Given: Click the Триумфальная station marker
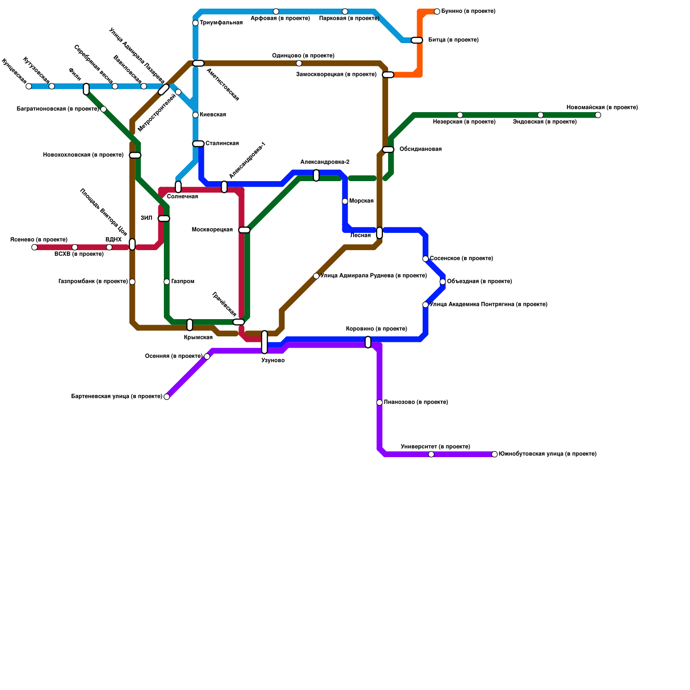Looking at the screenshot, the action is coord(195,23).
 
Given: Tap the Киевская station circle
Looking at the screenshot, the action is coord(195,115).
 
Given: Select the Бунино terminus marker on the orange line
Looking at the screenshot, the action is coord(437,11).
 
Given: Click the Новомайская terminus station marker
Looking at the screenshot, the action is coord(598,115).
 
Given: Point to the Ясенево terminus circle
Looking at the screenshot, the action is coord(34,247).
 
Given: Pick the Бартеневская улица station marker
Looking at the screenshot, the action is coord(167,397).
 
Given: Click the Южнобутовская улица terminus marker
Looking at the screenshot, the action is coord(495,454).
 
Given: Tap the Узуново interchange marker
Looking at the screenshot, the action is coord(264,342).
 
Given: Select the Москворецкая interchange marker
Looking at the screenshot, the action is coord(244,230).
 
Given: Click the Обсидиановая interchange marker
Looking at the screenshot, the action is coord(388,149).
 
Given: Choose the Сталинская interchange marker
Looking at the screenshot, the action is coord(198,144).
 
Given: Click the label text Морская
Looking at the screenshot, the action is coord(361,201).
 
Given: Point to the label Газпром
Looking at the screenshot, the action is coord(183,282).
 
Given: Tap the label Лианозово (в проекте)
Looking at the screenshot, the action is coord(416,402).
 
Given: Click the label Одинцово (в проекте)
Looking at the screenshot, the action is coord(303,56).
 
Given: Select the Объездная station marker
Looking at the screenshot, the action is coord(442,282).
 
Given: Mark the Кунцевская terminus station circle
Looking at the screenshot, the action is coord(28,86).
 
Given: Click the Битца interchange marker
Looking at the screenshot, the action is coord(417,40).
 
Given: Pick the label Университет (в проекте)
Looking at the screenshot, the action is coord(435,447).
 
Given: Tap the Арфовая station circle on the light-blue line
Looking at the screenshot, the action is coord(276,11).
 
